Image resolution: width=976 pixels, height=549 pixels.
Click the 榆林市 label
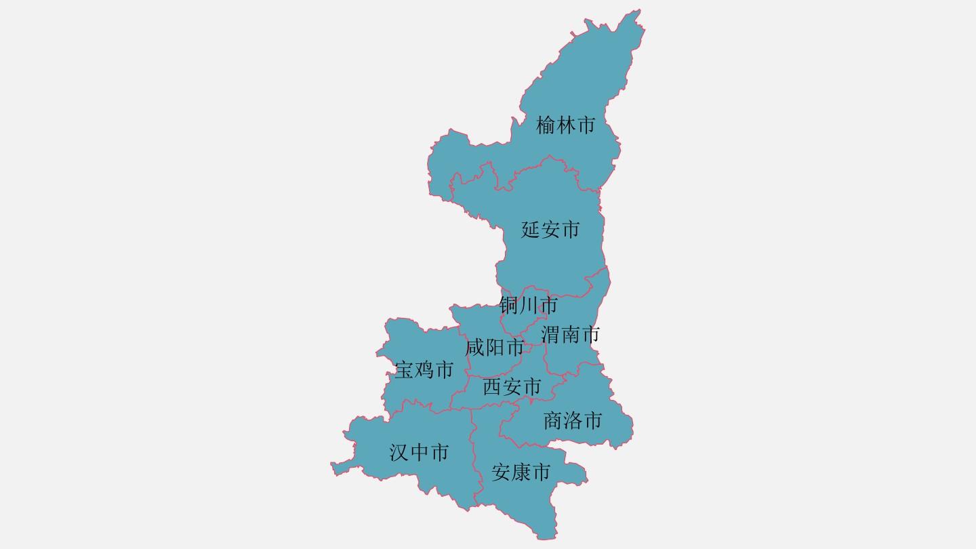pyautogui.click(x=565, y=125)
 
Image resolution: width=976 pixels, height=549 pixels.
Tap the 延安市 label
pyautogui.click(x=550, y=230)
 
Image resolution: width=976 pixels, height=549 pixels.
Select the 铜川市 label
pyautogui.click(x=528, y=306)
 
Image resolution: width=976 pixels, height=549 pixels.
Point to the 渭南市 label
pyautogui.click(x=570, y=334)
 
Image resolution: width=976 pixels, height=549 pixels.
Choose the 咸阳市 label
pyautogui.click(x=494, y=348)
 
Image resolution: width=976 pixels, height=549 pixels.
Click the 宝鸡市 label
pyautogui.click(x=424, y=370)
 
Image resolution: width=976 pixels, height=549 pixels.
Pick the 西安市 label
pyautogui.click(x=512, y=387)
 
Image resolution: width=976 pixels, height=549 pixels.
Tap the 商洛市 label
pyautogui.click(x=573, y=421)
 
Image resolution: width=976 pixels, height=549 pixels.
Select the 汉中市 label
pyautogui.click(x=419, y=452)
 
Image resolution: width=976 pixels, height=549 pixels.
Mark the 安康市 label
pyautogui.click(x=521, y=472)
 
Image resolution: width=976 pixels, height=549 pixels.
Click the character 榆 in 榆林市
pyautogui.click(x=546, y=125)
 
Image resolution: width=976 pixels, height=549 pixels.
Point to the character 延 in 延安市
pyautogui.click(x=531, y=230)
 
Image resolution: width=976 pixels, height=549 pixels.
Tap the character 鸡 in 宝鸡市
pyautogui.click(x=424, y=370)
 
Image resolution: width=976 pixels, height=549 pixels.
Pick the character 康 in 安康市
pyautogui.click(x=521, y=472)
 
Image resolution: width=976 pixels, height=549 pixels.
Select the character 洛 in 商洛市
pyautogui.click(x=573, y=421)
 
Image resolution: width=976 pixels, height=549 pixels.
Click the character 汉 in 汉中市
pyautogui.click(x=399, y=452)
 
